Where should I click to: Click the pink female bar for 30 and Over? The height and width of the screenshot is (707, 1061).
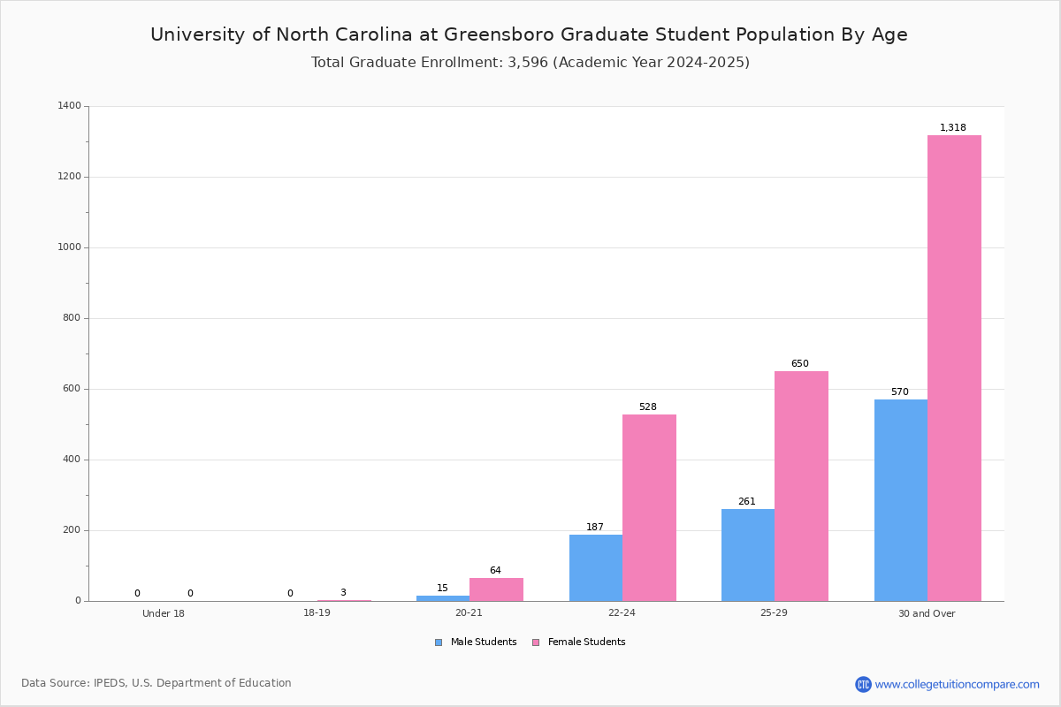[x=954, y=368]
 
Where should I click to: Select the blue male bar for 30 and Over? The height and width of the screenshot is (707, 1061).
[x=901, y=500]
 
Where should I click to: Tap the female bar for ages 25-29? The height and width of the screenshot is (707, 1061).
[x=801, y=486]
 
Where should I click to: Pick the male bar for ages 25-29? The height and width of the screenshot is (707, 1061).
[x=748, y=555]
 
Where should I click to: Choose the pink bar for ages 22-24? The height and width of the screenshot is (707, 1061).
[x=649, y=507]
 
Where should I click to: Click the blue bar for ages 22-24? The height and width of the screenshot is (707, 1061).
[x=596, y=567]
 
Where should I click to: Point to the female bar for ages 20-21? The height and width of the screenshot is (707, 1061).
[x=496, y=589]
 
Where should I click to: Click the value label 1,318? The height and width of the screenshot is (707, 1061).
[x=953, y=128]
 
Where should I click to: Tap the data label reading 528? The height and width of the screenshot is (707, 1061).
[x=648, y=407]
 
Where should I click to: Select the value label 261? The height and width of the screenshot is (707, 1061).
[x=747, y=502]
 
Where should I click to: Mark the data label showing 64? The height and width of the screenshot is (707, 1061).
[x=495, y=571]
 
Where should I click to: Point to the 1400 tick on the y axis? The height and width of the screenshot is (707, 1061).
[x=69, y=106]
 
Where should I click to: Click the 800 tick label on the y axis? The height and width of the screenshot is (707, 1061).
[x=72, y=318]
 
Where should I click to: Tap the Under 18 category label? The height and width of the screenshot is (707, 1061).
[x=164, y=613]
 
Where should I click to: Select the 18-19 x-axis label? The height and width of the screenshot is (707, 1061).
[x=317, y=613]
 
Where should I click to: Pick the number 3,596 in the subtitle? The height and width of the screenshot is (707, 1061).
[x=528, y=63]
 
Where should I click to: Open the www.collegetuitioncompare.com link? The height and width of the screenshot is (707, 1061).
[x=957, y=684]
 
